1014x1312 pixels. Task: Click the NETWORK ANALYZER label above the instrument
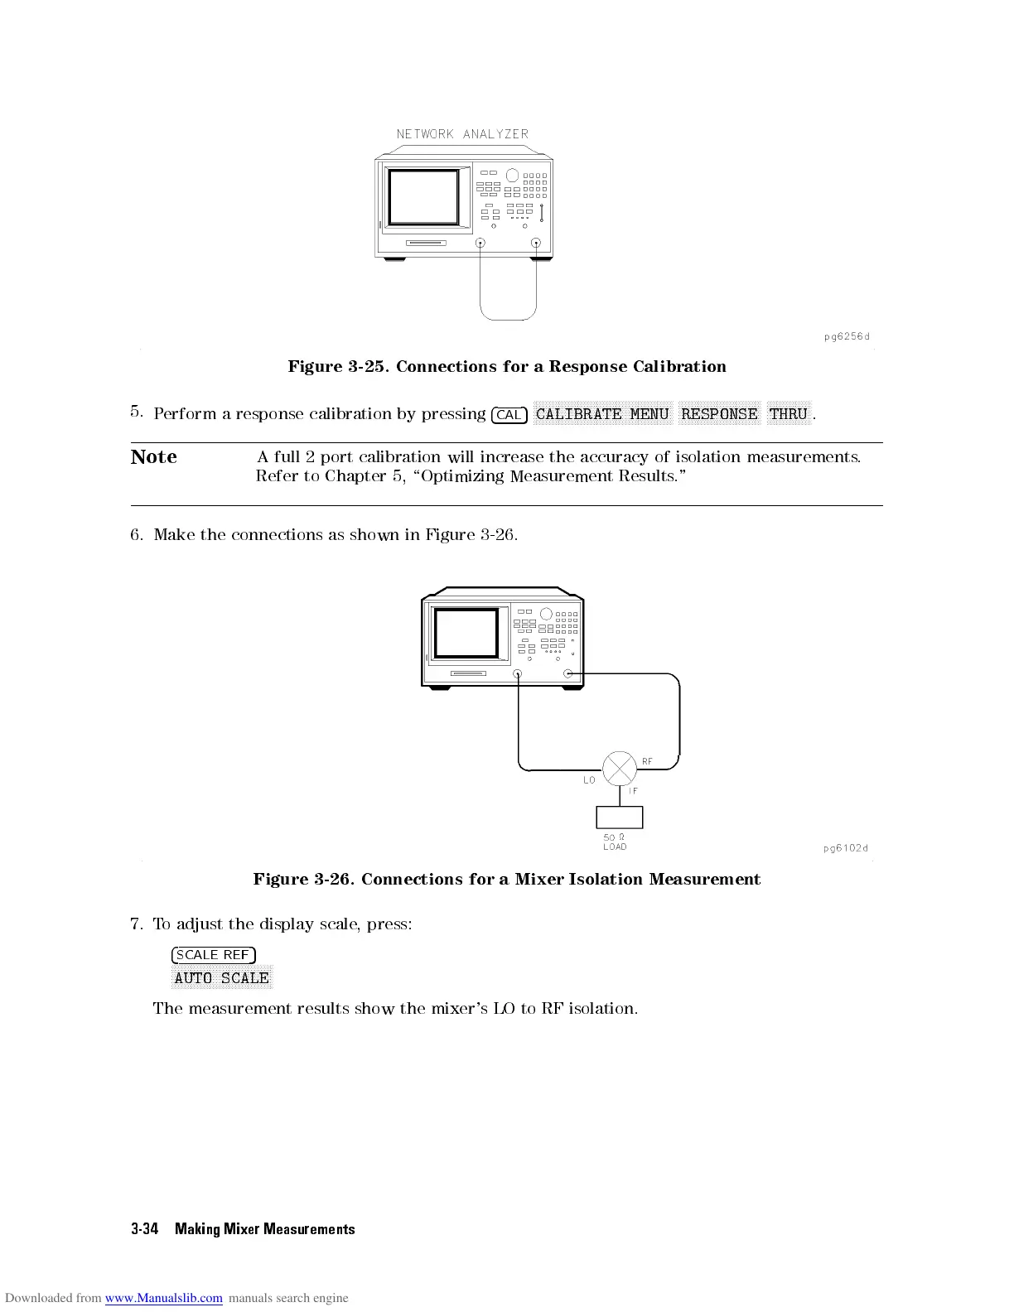462,134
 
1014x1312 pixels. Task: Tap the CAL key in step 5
509,415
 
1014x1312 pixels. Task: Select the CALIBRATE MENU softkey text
602,414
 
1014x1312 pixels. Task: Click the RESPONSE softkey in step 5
719,414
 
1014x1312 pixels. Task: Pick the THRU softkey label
788,414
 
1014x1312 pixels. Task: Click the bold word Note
154,457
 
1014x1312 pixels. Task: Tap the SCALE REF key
213,955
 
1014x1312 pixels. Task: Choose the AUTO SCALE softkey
222,978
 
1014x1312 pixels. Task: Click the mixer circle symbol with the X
619,769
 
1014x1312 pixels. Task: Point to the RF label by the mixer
647,761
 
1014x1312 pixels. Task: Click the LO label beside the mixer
589,780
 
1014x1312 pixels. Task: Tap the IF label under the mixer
633,791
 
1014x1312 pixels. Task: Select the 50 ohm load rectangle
619,817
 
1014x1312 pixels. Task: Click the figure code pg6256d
847,336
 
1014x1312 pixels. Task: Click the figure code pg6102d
846,847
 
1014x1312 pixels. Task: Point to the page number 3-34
144,1229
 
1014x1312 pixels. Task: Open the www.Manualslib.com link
164,1298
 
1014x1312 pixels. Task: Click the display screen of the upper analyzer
423,197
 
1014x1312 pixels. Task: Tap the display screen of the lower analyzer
466,634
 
